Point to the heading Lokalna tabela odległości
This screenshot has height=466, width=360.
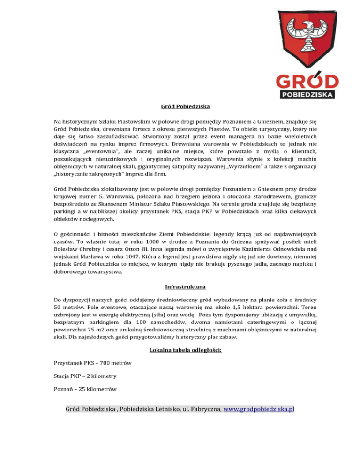pyautogui.click(x=180, y=350)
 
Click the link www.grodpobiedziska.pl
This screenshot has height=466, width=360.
pyautogui.click(x=259, y=409)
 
